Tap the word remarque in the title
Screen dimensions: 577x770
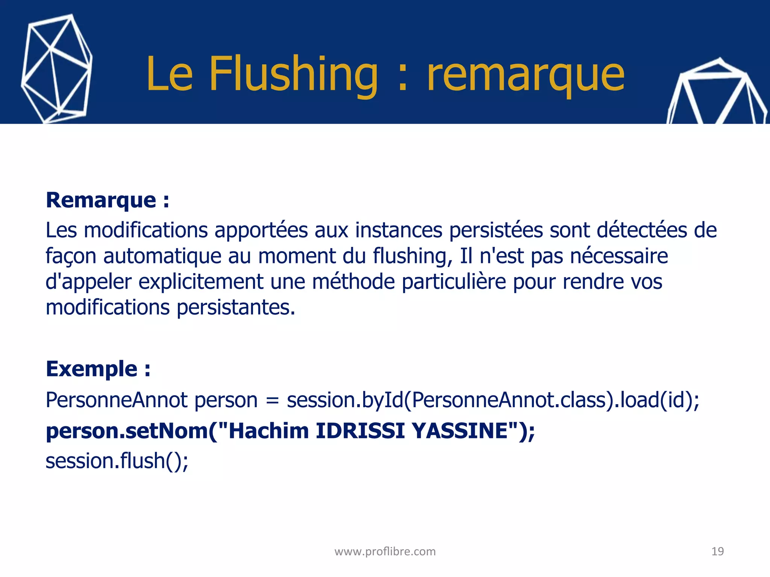click(526, 75)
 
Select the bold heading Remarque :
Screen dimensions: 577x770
click(107, 200)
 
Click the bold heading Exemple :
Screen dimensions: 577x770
click(98, 369)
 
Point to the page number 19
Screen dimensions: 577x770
click(717, 551)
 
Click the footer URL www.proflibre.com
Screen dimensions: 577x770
click(385, 551)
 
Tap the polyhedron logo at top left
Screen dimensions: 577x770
click(56, 69)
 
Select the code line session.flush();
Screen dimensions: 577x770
click(117, 461)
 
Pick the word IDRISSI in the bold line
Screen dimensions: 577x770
click(360, 430)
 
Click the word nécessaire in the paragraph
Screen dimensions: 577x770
click(619, 257)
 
